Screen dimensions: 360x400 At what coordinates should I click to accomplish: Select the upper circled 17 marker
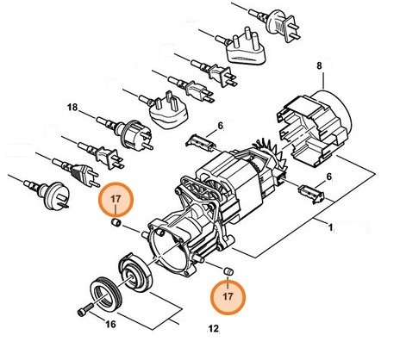coord(115,202)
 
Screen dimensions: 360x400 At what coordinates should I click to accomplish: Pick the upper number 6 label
coord(221,127)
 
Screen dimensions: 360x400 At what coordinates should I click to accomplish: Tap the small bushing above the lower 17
coord(228,272)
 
